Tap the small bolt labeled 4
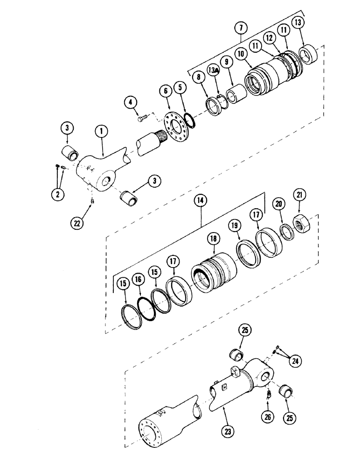pyautogui.click(x=142, y=119)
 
